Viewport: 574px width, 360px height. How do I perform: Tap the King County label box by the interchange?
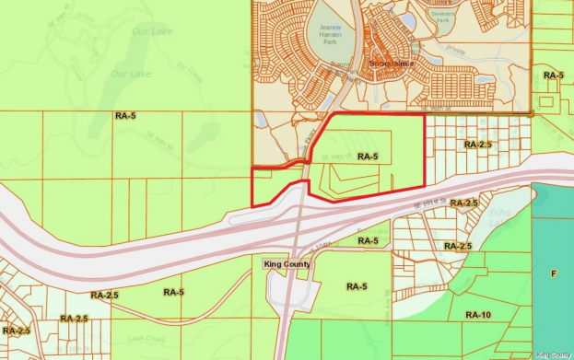(287, 264)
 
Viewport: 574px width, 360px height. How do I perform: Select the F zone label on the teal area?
(554, 273)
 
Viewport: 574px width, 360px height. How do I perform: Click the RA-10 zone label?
(478, 315)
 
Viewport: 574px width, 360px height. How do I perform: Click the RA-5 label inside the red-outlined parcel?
(368, 157)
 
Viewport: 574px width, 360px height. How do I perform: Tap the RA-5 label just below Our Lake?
(126, 116)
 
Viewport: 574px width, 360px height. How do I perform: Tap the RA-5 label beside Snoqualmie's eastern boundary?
(553, 75)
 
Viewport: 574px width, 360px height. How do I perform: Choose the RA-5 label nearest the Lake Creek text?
(173, 292)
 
